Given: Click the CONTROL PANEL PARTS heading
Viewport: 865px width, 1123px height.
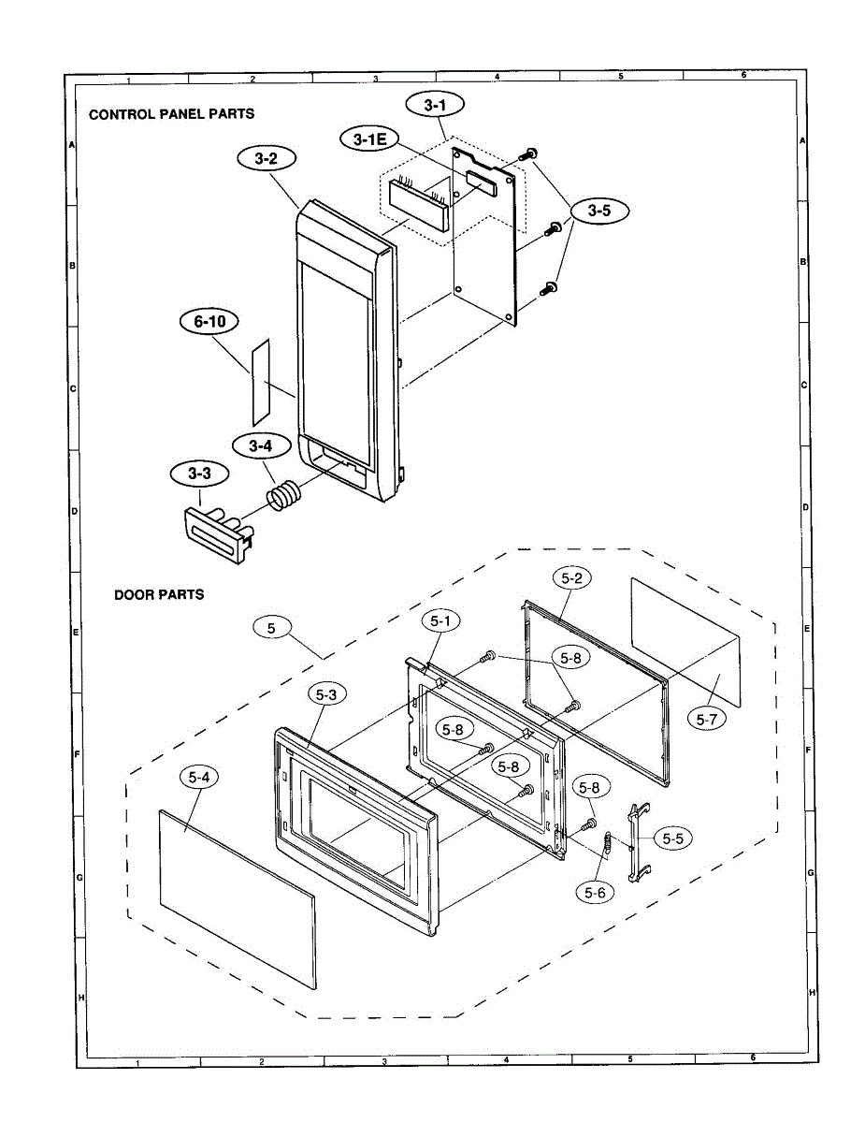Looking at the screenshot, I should point(171,114).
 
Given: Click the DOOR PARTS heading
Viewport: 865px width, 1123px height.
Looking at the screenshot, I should point(159,594).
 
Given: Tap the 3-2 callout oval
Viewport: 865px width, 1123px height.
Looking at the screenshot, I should point(267,159).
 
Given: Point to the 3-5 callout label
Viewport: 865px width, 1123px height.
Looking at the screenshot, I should point(598,211).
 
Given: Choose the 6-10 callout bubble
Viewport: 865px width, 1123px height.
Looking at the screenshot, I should point(209,321).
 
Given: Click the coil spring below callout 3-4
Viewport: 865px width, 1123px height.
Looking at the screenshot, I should point(283,494).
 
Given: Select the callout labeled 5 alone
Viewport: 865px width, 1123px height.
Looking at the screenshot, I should point(272,629).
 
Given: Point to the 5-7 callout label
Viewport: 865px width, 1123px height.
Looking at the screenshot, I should point(712,719).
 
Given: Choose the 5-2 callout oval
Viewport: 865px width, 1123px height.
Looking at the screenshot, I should point(572,579).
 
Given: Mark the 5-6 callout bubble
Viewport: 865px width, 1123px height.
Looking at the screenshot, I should point(595,892).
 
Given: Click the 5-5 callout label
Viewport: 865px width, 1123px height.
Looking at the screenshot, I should point(672,839).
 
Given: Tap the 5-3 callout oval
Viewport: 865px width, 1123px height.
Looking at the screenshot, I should point(327,695).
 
